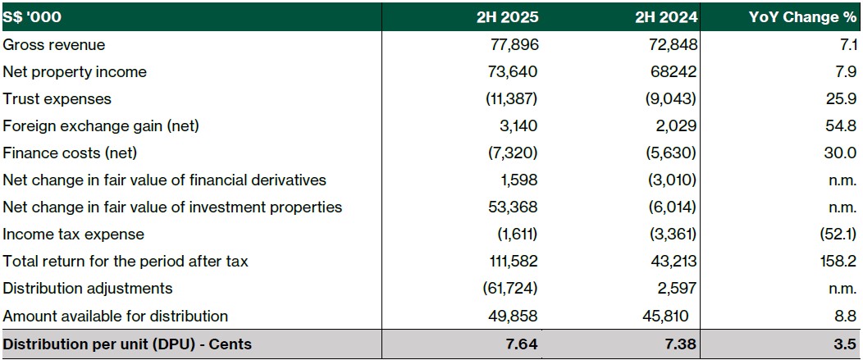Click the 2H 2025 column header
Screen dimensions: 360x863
point(507,16)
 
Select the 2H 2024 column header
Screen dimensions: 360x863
point(666,16)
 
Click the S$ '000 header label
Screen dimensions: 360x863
point(32,16)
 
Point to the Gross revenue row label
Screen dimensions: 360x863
point(54,44)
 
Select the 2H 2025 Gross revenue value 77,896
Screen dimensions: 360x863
point(514,44)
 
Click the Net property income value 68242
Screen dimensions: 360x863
point(672,72)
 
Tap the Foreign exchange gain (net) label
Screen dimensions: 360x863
point(101,126)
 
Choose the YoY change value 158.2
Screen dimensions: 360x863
point(838,262)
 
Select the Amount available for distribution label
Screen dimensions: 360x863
point(115,316)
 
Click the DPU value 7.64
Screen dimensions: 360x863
point(521,344)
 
